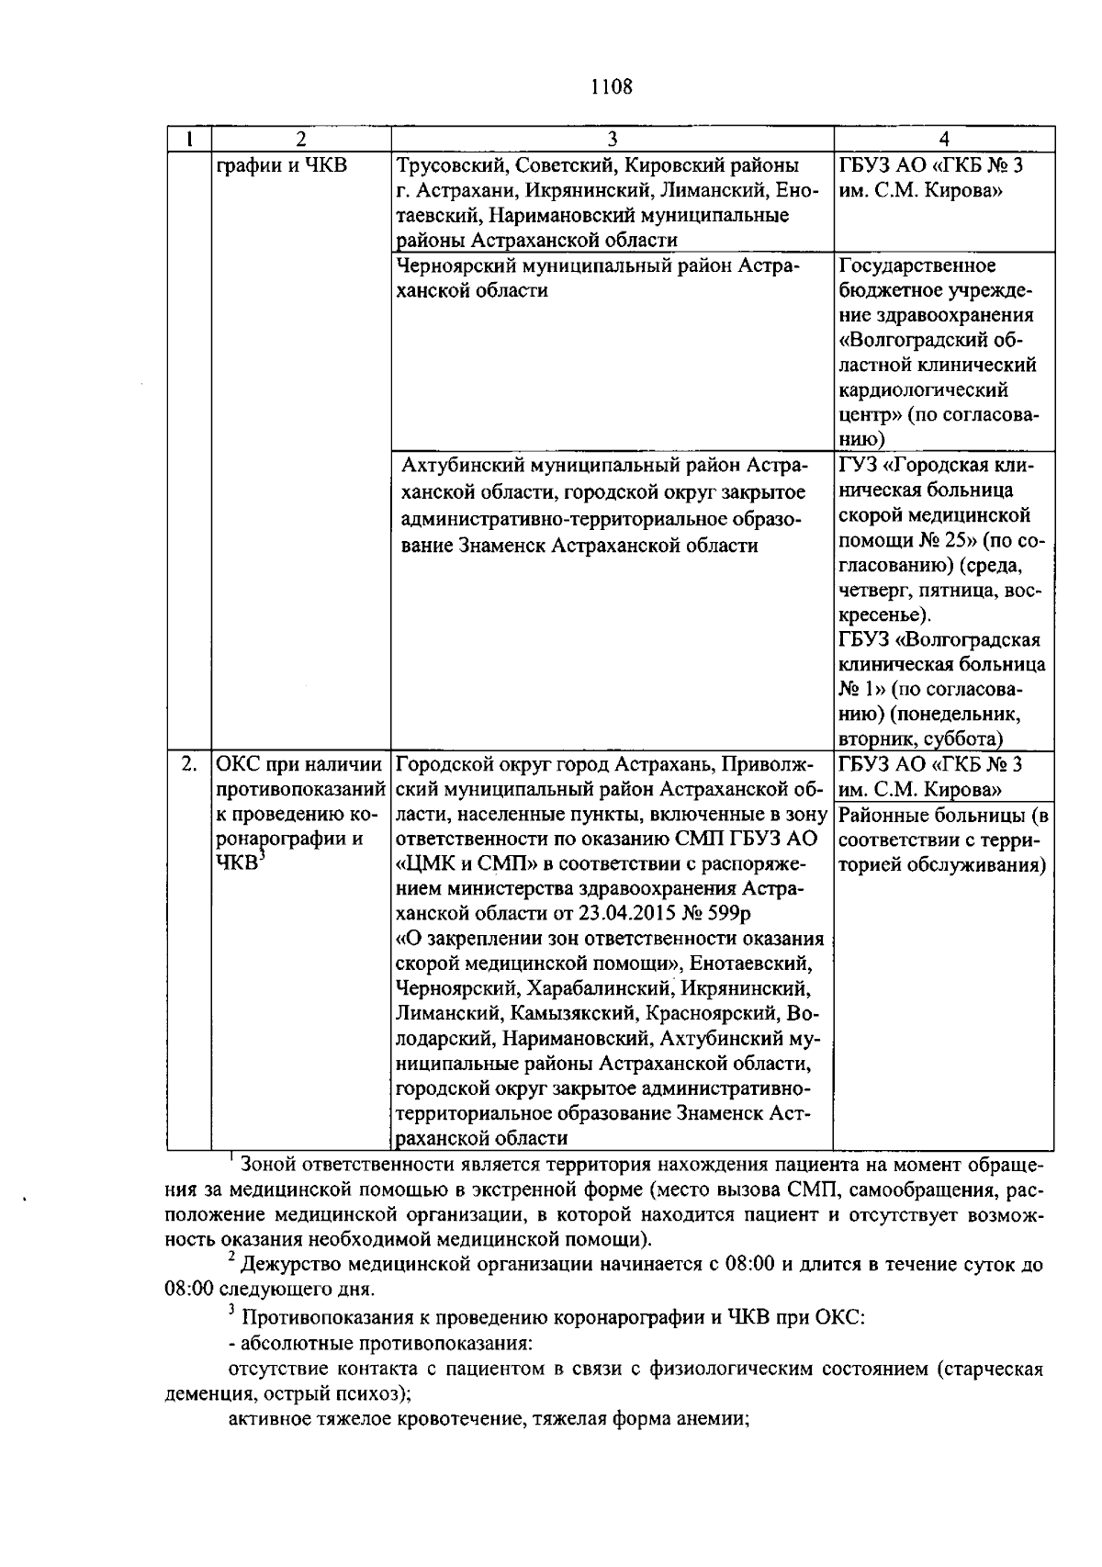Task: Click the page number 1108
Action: tap(611, 87)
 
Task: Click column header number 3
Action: tap(612, 139)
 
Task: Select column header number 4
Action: tap(944, 139)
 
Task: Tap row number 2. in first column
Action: tap(188, 764)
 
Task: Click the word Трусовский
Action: tap(451, 166)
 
